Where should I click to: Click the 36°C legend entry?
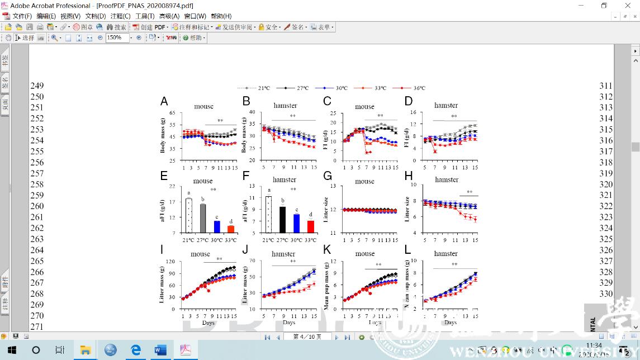coord(411,88)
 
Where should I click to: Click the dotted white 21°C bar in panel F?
coord(268,214)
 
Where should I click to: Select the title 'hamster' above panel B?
coord(285,106)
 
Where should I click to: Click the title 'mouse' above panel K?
coord(365,254)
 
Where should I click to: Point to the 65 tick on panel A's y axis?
coord(172,113)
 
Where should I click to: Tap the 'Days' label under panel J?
coord(289,323)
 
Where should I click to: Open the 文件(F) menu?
coord(22,16)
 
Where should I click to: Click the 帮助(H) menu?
coord(220,16)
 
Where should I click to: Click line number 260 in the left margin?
coord(37,206)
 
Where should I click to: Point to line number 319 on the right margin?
coord(606,173)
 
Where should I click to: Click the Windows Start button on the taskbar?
coord(12,350)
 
